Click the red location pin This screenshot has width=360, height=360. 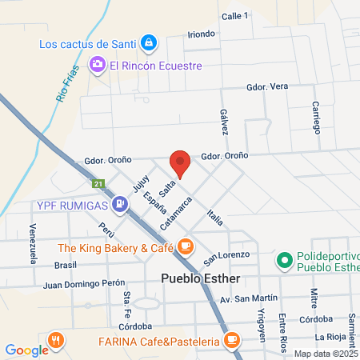(x=180, y=163)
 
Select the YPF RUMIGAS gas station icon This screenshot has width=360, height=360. (x=119, y=205)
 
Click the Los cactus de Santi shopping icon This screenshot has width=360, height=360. (x=149, y=42)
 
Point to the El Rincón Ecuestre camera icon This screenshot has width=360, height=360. (x=98, y=65)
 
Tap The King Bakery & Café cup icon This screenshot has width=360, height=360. (x=186, y=246)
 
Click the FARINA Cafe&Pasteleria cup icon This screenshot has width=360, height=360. (x=232, y=342)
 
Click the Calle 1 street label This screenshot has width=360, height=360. (x=235, y=16)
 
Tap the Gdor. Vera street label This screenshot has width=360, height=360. (x=267, y=86)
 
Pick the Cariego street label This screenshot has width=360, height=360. (x=316, y=118)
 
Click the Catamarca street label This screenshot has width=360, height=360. (x=175, y=214)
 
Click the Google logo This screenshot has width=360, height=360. (x=26, y=350)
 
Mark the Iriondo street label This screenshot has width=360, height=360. (x=201, y=34)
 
